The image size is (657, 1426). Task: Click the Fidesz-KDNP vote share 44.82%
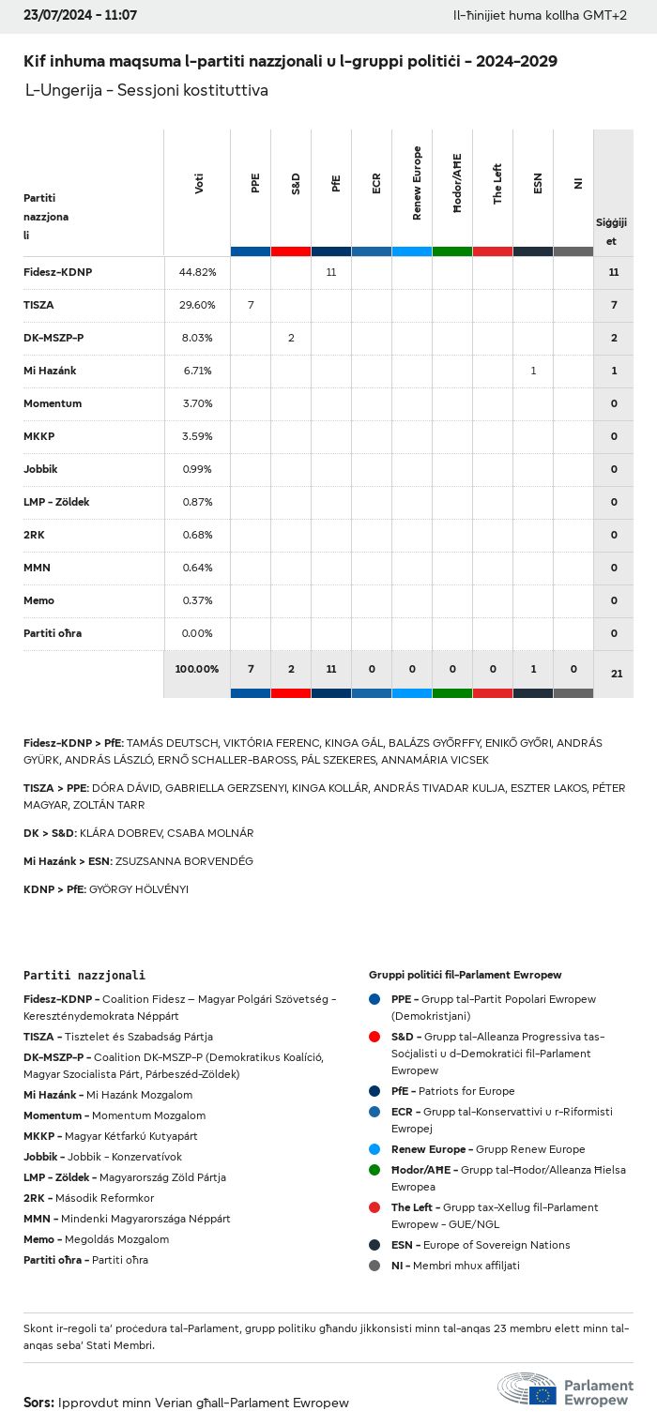coord(197,272)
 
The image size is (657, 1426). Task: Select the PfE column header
coord(336,183)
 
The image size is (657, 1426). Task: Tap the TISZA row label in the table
coord(37,305)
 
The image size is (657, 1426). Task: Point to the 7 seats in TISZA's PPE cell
coord(251,305)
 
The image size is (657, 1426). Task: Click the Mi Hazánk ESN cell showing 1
coord(533,371)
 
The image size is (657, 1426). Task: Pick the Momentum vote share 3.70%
coord(197,403)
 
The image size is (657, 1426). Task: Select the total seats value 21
coord(616,674)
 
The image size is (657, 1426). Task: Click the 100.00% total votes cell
coord(197,669)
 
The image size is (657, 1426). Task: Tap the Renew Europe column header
coord(417,183)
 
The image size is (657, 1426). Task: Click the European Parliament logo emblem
coord(527,1389)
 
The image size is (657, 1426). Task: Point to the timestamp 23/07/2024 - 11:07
coord(80,16)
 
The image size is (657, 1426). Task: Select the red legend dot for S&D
coord(374,1037)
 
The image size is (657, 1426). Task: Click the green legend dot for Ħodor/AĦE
coord(374,1170)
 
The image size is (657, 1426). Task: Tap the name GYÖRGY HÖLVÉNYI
coord(138,889)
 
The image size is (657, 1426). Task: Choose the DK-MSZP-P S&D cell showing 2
coord(291,338)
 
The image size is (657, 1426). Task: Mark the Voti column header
coord(199,183)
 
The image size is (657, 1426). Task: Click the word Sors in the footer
coord(38,1403)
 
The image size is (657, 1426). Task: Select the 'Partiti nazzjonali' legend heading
coord(84,976)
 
